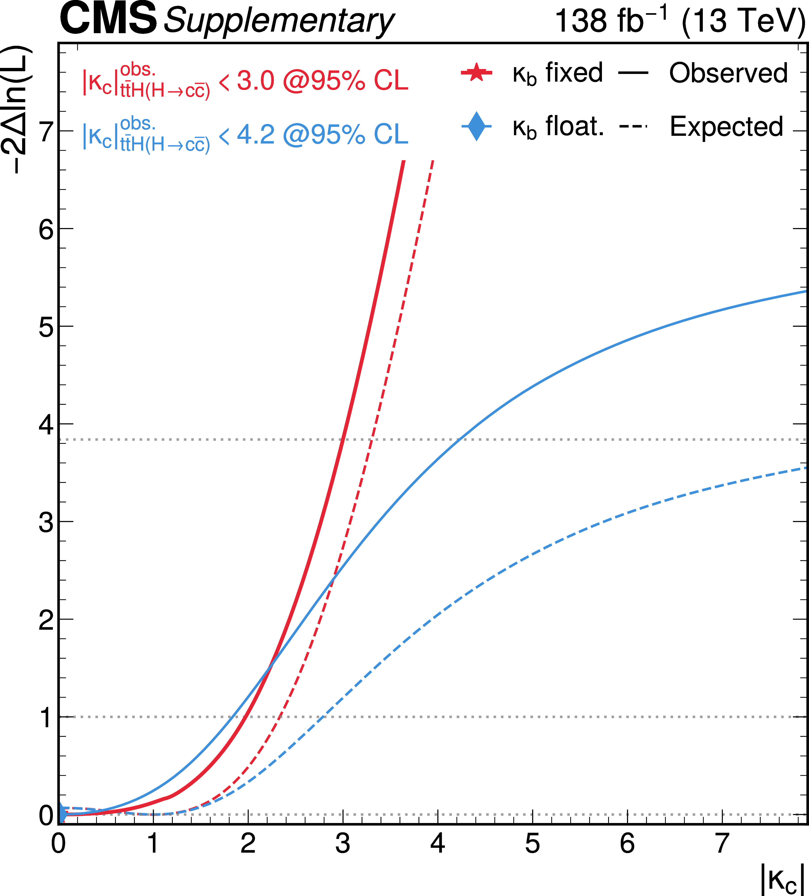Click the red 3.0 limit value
[256, 81]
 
